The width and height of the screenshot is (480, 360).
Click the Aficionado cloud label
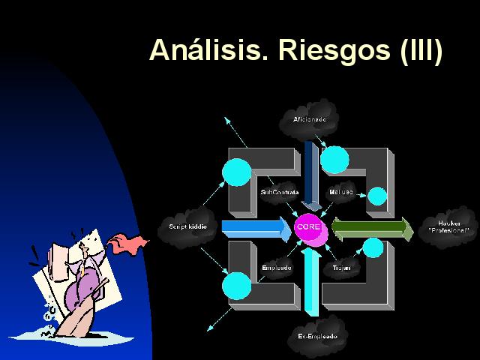tap(310, 119)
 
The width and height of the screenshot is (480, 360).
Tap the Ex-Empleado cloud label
tap(317, 336)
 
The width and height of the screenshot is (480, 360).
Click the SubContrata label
tap(279, 193)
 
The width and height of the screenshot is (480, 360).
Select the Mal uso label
tap(341, 192)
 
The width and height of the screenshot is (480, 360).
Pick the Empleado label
tap(277, 267)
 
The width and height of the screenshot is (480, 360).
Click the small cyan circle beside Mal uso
tap(377, 196)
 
